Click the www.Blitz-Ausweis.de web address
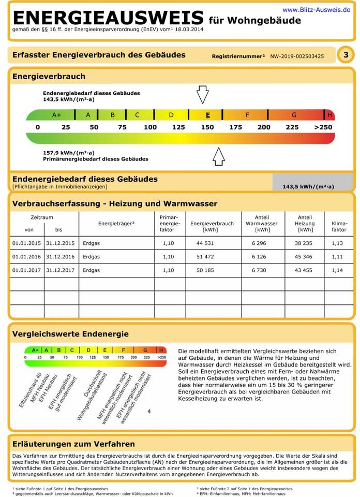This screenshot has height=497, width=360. click(316, 9)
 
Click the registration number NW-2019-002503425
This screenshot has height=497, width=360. click(297, 56)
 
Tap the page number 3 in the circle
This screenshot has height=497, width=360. click(346, 55)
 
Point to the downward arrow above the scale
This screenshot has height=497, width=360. click(202, 95)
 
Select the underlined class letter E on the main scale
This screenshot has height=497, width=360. click(207, 115)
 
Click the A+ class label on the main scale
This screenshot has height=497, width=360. click(56, 115)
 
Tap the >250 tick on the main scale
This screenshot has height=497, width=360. click(323, 127)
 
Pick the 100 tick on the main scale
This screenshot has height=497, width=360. click(150, 127)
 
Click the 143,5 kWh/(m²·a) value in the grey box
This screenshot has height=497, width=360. click(308, 186)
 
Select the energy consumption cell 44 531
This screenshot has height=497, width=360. click(205, 243)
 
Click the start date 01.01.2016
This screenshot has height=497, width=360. click(26, 257)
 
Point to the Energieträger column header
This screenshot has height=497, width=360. click(116, 224)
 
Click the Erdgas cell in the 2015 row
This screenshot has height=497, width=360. click(91, 243)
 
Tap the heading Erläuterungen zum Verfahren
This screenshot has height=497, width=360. click(73, 444)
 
